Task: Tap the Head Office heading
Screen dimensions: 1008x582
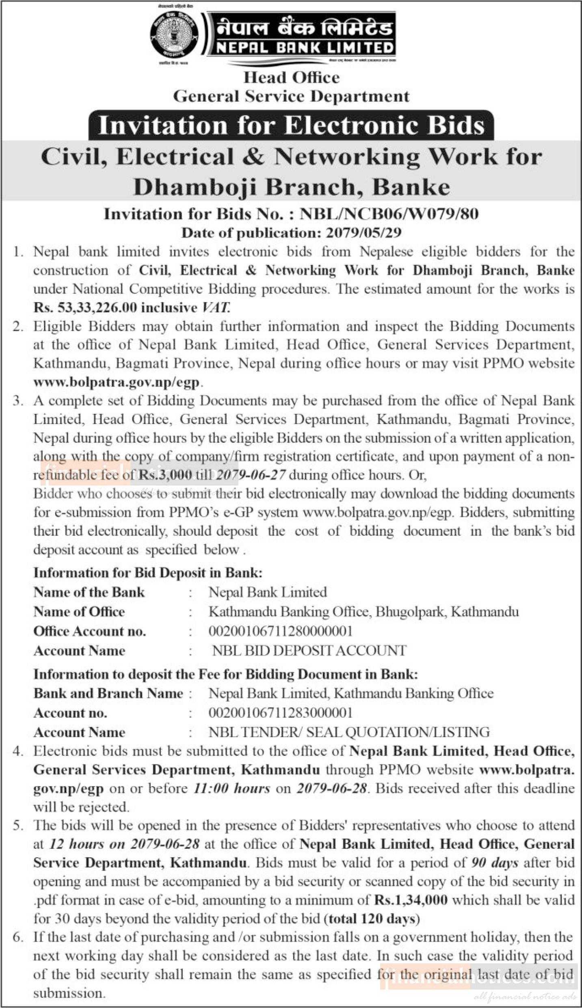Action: [291, 78]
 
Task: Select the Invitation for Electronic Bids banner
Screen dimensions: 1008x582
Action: [291, 125]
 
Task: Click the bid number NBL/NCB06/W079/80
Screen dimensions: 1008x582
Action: [389, 214]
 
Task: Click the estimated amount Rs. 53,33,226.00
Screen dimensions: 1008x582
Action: [85, 308]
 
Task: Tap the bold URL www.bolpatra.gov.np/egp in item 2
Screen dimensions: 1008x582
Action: [117, 382]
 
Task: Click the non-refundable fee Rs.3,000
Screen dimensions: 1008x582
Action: [165, 475]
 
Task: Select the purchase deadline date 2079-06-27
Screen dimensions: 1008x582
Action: [251, 475]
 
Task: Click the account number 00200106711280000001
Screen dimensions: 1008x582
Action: [280, 631]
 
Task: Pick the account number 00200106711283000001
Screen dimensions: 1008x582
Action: [280, 713]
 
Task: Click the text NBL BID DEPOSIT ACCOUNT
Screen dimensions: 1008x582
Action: [309, 651]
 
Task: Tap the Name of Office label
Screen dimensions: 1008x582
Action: [79, 612]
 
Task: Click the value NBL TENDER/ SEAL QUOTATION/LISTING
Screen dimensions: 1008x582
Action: [349, 732]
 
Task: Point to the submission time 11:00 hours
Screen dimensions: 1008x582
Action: [232, 789]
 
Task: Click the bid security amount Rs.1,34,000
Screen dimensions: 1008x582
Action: [411, 900]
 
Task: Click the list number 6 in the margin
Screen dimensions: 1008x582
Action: [17, 938]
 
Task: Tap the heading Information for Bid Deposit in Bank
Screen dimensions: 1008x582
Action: [148, 573]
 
